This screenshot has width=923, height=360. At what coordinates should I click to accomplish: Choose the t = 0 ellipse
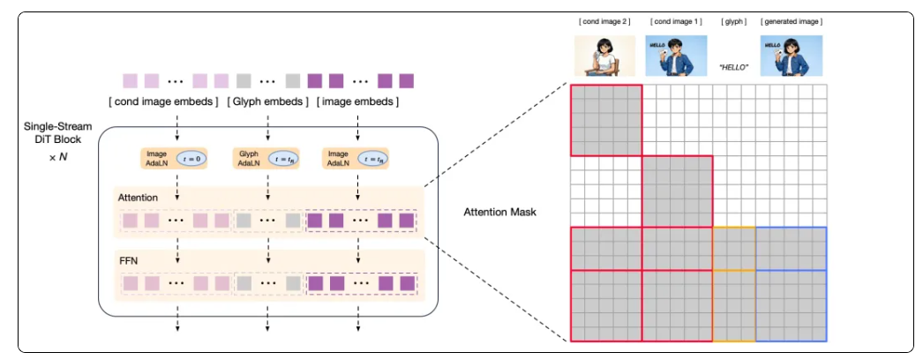191,160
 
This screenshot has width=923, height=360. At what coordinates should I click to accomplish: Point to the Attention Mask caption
499,212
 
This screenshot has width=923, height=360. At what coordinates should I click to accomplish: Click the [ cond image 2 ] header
605,21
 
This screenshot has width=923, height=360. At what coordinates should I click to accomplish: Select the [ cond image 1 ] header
677,21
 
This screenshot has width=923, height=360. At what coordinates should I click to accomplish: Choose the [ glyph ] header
733,21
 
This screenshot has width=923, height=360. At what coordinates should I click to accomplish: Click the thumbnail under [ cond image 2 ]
605,55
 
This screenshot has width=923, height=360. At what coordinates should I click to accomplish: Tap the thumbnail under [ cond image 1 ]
677,55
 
